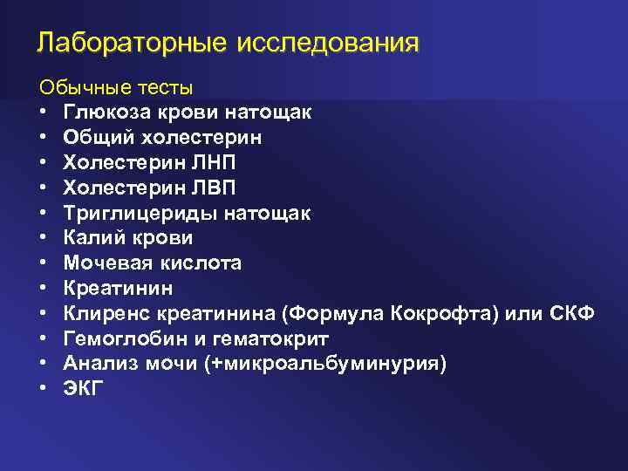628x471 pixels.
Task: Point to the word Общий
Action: [91, 138]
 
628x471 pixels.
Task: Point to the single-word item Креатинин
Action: [118, 288]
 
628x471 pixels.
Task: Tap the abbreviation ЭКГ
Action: [83, 388]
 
